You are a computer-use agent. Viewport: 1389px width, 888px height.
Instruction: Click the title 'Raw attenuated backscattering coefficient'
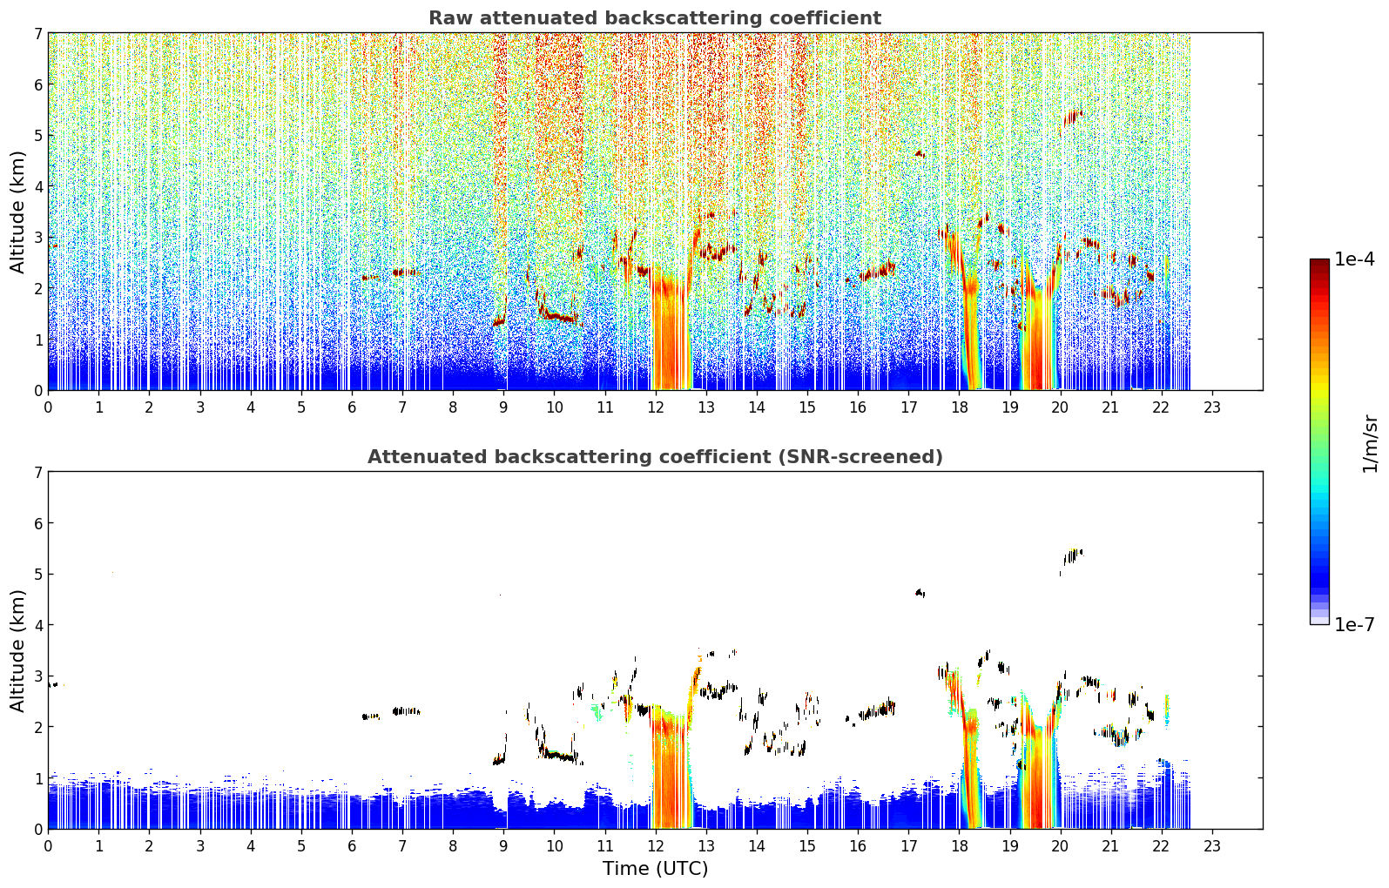[655, 18]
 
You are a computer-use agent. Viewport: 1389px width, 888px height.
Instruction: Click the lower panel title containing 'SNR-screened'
[655, 457]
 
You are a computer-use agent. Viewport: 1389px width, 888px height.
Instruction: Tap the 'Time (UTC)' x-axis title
[655, 869]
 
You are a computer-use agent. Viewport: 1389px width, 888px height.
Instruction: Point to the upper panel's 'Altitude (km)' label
[17, 212]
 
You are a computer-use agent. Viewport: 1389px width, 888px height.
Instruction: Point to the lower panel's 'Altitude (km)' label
[17, 650]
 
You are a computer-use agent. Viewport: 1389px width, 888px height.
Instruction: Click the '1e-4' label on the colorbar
[1354, 259]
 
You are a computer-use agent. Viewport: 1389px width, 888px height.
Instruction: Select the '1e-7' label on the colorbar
[1354, 624]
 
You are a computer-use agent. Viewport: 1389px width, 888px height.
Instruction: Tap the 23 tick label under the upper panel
[1211, 407]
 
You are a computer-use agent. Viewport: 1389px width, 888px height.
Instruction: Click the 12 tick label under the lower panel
[656, 846]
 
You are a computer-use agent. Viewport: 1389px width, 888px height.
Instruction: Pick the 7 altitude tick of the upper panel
[38, 33]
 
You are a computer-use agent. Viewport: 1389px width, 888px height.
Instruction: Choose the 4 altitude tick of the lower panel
[38, 625]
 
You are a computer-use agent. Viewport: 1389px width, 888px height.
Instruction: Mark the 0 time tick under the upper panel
[49, 407]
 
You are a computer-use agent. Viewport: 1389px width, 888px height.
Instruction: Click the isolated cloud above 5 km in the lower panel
[1072, 556]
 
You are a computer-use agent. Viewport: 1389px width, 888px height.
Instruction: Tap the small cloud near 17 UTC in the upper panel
[920, 154]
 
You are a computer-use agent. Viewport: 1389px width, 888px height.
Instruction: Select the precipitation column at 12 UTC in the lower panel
[671, 769]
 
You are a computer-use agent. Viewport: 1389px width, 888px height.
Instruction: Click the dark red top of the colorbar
[1319, 263]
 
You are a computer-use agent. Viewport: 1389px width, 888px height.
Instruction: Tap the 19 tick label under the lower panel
[1010, 846]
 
